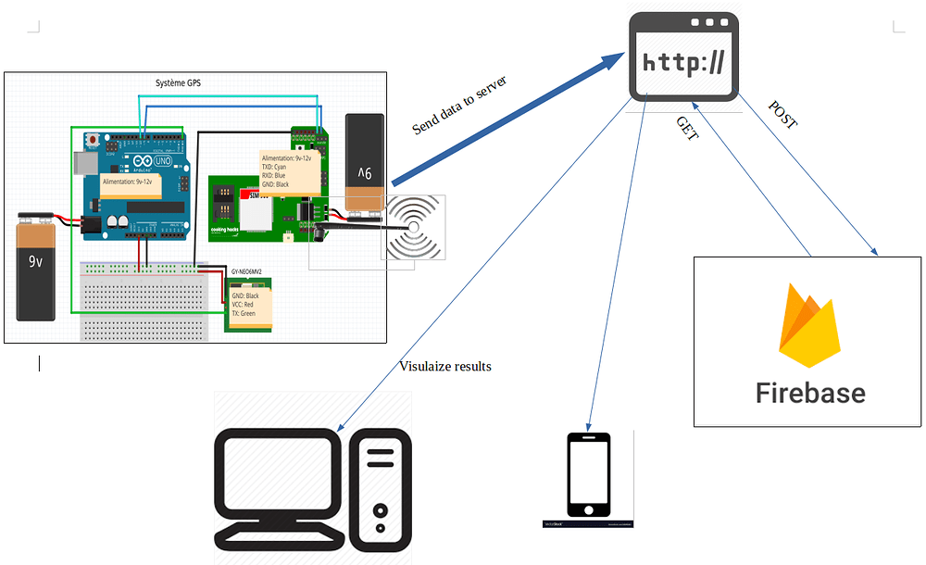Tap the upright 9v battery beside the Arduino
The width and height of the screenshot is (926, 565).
click(36, 266)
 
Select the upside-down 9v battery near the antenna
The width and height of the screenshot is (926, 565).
click(363, 163)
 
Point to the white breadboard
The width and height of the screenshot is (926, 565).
click(139, 296)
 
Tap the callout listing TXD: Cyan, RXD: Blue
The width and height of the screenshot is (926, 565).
click(289, 171)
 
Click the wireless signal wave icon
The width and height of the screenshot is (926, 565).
click(416, 226)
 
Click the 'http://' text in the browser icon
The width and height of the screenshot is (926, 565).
click(684, 63)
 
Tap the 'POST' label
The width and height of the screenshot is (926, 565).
click(782, 113)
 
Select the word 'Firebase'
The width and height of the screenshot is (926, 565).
click(810, 393)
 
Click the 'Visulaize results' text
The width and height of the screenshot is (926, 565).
click(445, 366)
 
